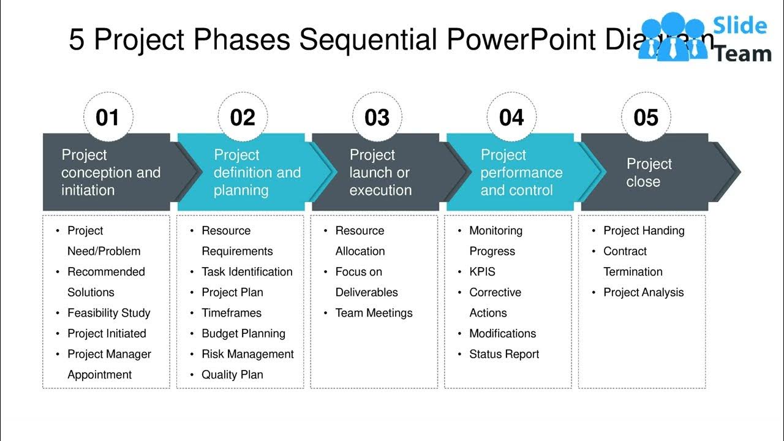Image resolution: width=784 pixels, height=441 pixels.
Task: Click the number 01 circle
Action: click(x=108, y=117)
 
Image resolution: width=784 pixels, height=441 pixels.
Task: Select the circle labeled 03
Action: click(x=377, y=117)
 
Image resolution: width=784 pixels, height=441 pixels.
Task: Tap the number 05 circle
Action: click(x=646, y=117)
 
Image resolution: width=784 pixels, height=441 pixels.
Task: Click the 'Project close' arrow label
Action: click(x=649, y=173)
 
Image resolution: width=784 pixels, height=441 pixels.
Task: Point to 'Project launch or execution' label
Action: click(x=380, y=173)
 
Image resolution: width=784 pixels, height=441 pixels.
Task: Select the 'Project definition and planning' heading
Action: click(x=257, y=173)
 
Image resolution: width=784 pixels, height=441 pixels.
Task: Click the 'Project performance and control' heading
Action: click(x=521, y=173)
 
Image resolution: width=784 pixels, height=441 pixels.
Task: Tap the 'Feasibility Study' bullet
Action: click(x=108, y=313)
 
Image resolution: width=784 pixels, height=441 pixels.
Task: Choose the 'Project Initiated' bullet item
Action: click(x=107, y=334)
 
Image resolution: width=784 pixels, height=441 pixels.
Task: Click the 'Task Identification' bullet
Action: click(x=247, y=272)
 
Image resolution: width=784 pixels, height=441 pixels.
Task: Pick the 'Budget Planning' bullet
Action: click(x=243, y=334)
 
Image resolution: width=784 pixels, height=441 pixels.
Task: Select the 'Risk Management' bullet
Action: click(x=247, y=354)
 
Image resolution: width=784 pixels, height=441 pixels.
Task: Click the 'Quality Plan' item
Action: click(x=232, y=375)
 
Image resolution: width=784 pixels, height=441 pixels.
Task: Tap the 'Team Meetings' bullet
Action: click(x=374, y=313)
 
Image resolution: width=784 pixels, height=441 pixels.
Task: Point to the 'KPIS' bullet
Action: click(x=482, y=272)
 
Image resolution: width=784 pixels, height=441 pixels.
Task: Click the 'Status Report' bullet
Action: click(x=504, y=354)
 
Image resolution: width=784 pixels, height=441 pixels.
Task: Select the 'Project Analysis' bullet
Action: click(x=643, y=293)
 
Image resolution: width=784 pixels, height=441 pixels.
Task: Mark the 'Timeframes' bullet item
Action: click(x=232, y=313)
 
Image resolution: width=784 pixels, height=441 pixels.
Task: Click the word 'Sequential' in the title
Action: click(x=367, y=40)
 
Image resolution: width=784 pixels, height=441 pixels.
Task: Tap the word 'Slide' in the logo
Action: click(x=742, y=26)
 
